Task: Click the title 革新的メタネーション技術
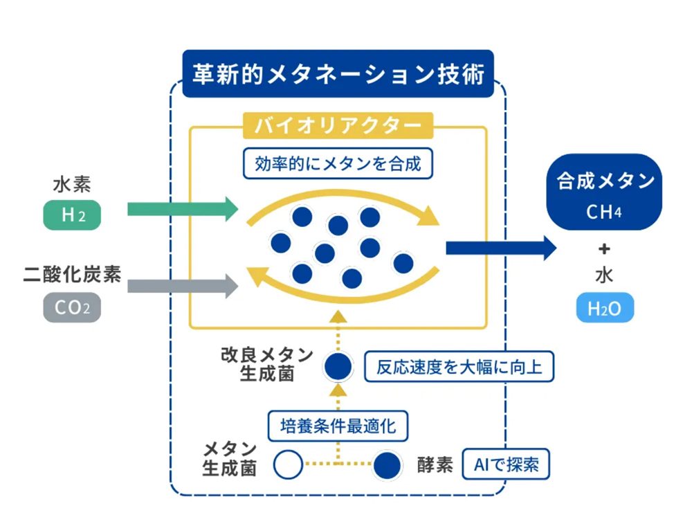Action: (338, 73)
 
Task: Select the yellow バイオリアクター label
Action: (338, 126)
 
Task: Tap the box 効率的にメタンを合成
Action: (338, 164)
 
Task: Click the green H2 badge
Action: (72, 215)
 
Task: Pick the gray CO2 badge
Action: (72, 307)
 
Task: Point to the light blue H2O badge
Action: (605, 307)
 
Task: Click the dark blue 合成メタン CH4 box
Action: (604, 192)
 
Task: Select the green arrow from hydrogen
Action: (183, 209)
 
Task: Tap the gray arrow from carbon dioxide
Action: (183, 286)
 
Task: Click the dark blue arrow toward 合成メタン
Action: (501, 248)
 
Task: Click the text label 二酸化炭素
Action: (72, 274)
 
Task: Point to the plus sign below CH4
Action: (604, 249)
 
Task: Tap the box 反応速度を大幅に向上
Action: (459, 367)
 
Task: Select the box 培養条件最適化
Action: (338, 426)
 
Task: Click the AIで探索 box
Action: (506, 464)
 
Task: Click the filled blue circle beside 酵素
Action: (387, 466)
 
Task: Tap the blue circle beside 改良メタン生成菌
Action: (338, 367)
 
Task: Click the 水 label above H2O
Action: (604, 275)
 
